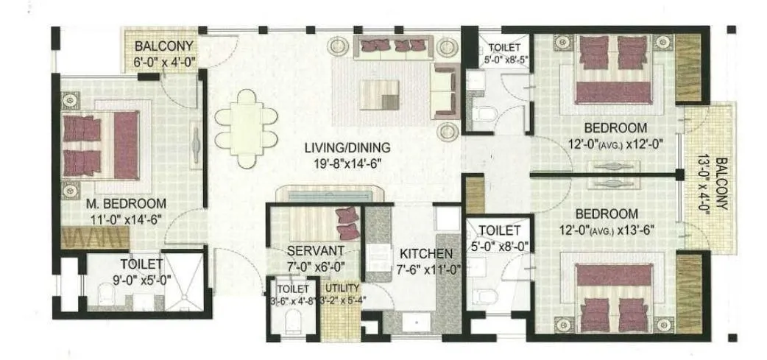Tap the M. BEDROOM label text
[x=125, y=204]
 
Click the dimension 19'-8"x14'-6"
[x=347, y=163]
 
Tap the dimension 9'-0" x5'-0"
[x=141, y=279]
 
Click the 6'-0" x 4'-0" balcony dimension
[x=164, y=63]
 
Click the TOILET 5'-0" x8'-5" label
[x=503, y=53]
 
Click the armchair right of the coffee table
[x=444, y=91]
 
